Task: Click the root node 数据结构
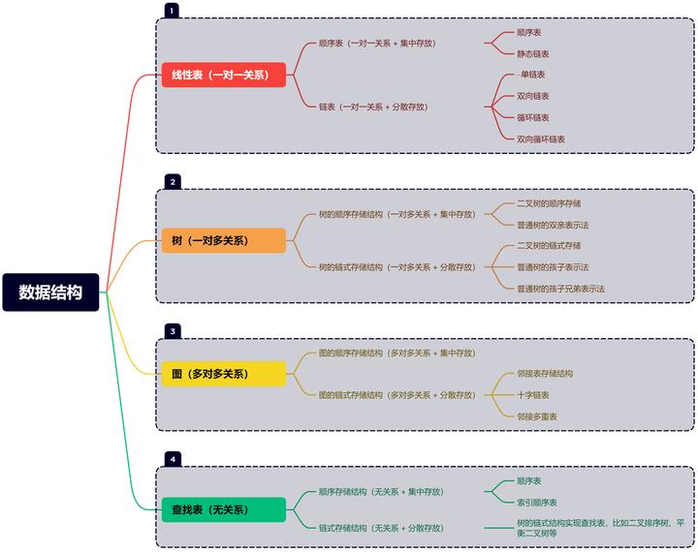[x=50, y=291]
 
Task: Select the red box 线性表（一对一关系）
[x=224, y=75]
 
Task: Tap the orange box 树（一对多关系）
[x=224, y=240]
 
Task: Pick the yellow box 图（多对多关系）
[x=224, y=374]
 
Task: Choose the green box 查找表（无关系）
[x=224, y=509]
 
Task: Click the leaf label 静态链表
[x=532, y=54]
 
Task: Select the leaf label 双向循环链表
[x=540, y=139]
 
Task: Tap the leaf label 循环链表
[x=532, y=118]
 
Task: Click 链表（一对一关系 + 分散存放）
[x=373, y=107]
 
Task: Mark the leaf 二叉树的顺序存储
[x=549, y=203]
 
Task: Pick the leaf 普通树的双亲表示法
[x=553, y=225]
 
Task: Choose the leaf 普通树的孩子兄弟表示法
[x=560, y=289]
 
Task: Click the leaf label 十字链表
[x=532, y=395]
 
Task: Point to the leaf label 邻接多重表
[x=536, y=416]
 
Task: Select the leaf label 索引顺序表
[x=536, y=503]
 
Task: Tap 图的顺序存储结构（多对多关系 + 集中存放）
[x=397, y=353]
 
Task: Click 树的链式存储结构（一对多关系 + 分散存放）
[x=397, y=267]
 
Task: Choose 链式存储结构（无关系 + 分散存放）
[x=381, y=528]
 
